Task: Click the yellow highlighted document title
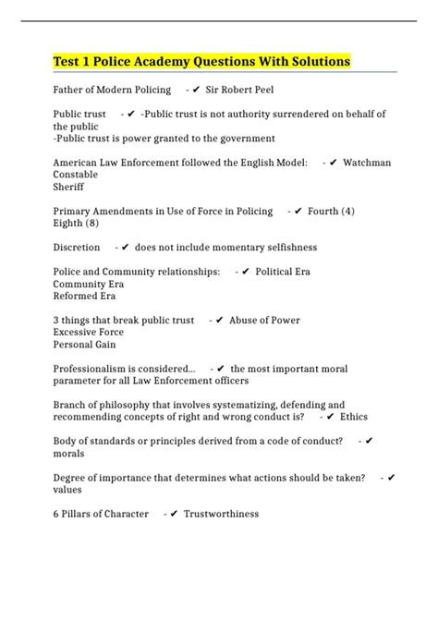pos(201,62)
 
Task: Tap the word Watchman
pos(367,163)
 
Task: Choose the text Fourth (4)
pos(331,211)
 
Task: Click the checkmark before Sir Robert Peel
pos(197,90)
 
